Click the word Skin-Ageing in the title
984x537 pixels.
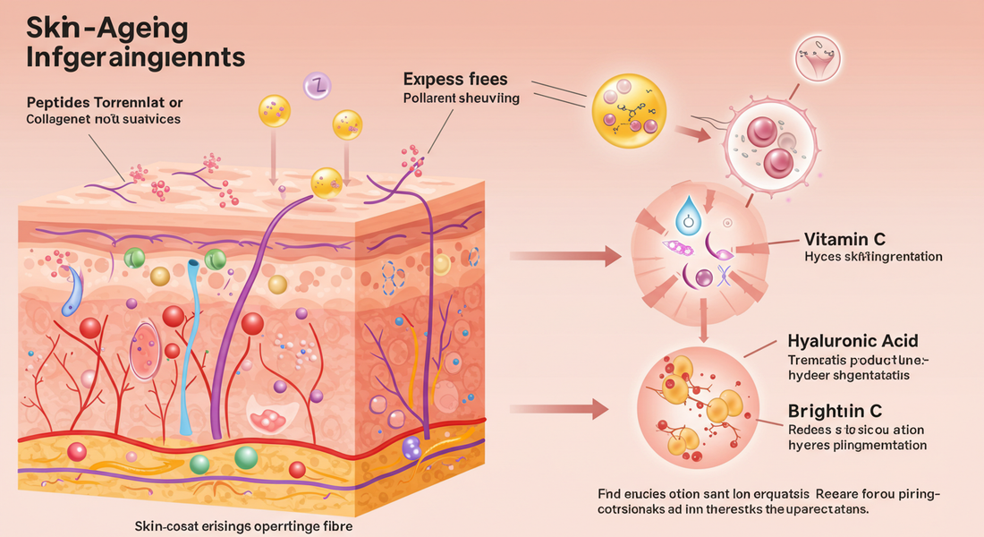(x=107, y=27)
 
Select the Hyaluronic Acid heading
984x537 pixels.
(x=853, y=341)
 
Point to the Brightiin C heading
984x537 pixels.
(x=835, y=411)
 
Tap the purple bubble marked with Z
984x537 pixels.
(x=318, y=85)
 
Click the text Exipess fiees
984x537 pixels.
(x=456, y=79)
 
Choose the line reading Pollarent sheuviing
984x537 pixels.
(x=462, y=98)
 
